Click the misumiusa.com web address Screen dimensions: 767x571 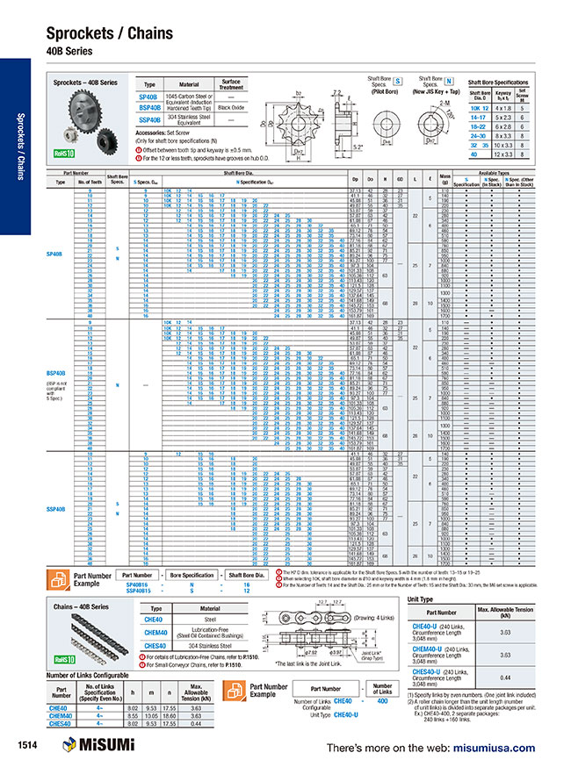pos(493,748)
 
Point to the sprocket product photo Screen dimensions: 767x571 pos(86,111)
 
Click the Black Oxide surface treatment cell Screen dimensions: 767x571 pos(230,106)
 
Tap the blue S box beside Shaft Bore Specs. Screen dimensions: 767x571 pos(396,80)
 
